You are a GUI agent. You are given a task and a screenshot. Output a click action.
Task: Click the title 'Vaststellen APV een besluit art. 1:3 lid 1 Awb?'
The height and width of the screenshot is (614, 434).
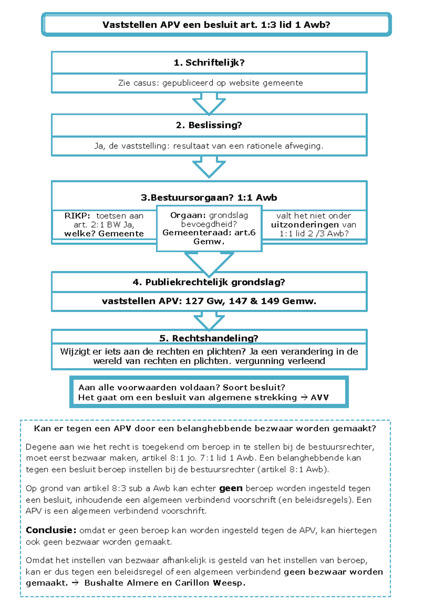216,25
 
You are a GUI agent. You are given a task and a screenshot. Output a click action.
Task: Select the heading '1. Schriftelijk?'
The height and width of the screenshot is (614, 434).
209,63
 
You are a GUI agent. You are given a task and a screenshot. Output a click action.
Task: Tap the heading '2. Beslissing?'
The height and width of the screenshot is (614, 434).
209,125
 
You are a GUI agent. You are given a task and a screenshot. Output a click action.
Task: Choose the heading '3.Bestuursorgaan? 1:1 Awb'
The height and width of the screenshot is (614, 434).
209,197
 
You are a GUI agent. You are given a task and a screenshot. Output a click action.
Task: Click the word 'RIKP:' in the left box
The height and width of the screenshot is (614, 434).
77,216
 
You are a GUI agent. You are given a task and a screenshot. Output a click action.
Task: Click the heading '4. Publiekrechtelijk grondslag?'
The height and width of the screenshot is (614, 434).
209,282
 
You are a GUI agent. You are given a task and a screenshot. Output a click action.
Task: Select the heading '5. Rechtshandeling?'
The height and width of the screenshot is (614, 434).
209,338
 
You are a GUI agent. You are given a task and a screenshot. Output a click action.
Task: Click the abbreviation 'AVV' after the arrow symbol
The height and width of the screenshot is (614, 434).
320,398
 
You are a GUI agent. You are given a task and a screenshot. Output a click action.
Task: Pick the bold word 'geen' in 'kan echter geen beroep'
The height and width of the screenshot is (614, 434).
231,489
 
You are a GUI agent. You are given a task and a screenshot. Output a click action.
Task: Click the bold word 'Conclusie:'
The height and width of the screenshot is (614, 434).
51,530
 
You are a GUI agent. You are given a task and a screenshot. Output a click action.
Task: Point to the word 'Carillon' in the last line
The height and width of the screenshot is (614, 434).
192,583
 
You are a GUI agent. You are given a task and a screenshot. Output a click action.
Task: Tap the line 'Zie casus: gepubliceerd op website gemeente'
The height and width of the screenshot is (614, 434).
210,83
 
